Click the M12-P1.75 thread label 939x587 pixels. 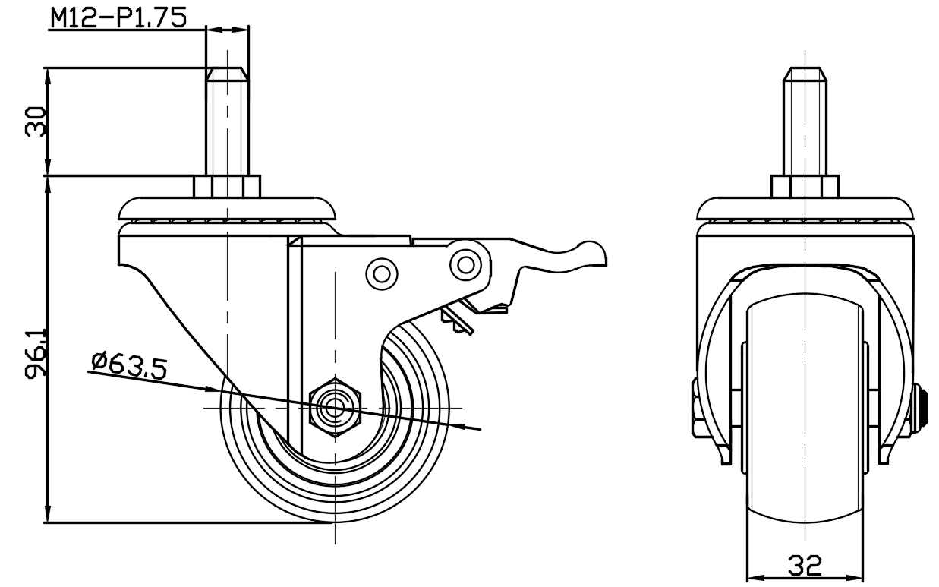coord(118,18)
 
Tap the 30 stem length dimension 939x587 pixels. coord(36,122)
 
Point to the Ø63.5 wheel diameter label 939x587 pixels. coord(129,367)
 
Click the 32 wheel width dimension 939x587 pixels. coord(805,566)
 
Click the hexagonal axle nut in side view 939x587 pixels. coord(335,408)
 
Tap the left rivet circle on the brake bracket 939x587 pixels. coord(382,274)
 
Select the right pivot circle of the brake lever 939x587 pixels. coord(465,264)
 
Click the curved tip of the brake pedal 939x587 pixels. coord(592,251)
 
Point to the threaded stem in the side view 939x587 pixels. coord(227,122)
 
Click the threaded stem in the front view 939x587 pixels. coord(805,122)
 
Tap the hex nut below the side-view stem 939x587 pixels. coord(227,187)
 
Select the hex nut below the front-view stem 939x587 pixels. coord(805,187)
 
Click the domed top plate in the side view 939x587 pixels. coord(227,209)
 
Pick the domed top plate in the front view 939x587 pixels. coord(805,209)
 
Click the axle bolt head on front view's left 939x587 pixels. coord(695,408)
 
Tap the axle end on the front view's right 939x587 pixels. coord(918,408)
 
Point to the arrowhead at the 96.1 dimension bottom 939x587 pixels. coord(48,514)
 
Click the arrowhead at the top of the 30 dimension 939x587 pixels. coord(48,77)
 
